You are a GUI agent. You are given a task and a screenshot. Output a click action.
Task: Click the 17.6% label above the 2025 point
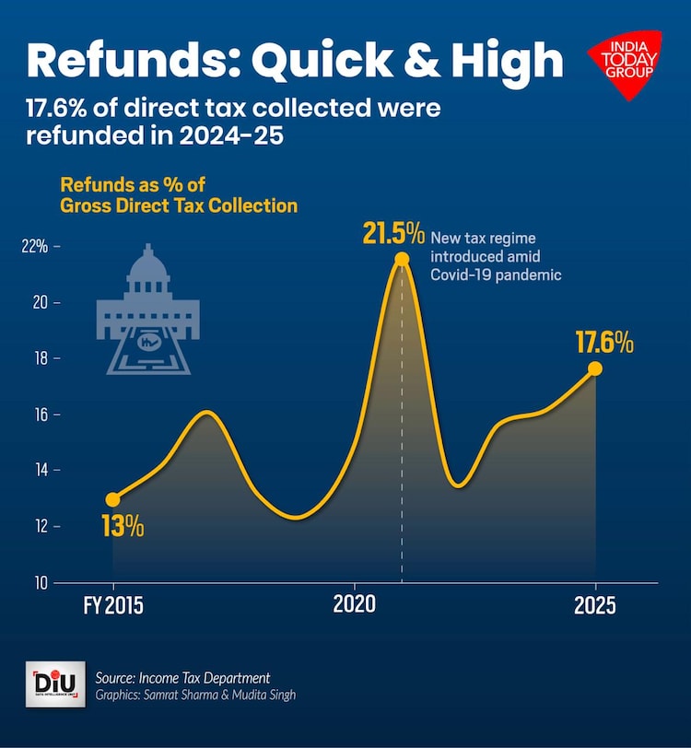pos(604,343)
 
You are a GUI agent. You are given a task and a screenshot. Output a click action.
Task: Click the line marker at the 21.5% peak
pos(401,259)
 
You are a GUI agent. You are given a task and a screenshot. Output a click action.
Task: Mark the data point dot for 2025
pos(595,368)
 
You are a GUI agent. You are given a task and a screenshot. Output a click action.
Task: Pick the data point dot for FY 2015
pos(112,499)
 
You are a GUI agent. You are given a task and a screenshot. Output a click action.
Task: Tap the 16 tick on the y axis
pos(41,415)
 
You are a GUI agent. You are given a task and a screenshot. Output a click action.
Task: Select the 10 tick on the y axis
pos(41,582)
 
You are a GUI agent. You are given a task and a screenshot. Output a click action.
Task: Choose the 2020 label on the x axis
pos(355,606)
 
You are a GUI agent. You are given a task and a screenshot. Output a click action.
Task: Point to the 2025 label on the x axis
pos(595,606)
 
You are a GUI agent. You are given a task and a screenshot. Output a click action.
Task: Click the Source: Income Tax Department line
pos(182,678)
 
